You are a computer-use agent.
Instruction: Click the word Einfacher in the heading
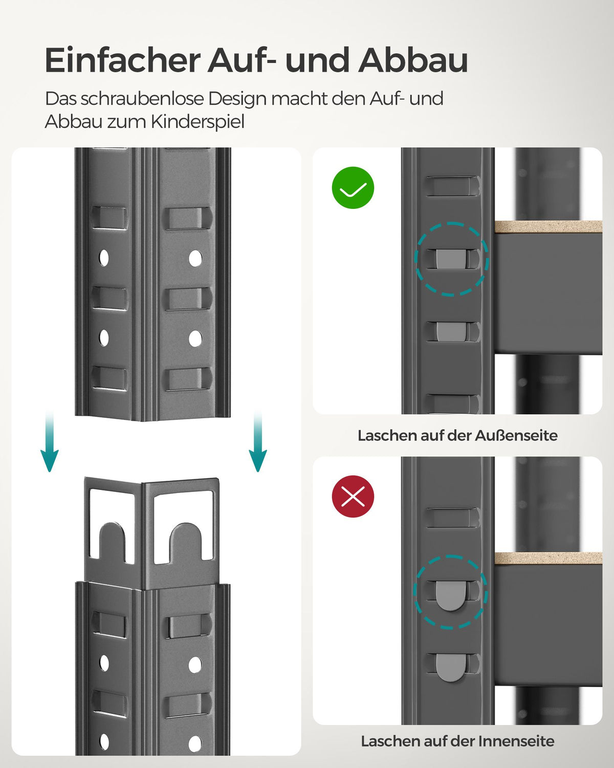[122, 60]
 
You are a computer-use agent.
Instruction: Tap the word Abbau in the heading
[413, 60]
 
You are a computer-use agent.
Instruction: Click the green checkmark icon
[353, 188]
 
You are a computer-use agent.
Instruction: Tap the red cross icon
[353, 496]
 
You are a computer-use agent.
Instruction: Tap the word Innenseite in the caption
[516, 741]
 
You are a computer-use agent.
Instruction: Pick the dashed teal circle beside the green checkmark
[451, 259]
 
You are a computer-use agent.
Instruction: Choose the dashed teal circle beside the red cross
[450, 592]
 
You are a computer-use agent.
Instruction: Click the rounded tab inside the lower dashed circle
[450, 595]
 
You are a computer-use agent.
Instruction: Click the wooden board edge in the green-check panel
[547, 227]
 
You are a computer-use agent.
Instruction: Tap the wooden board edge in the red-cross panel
[547, 559]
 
